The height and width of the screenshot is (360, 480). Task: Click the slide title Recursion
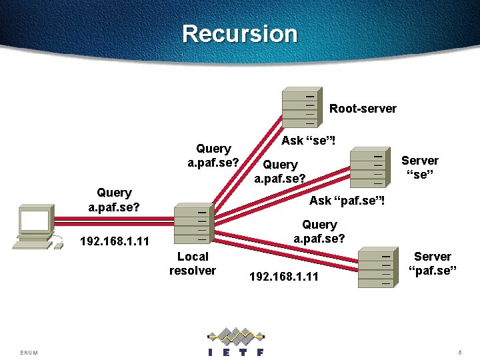coord(239,33)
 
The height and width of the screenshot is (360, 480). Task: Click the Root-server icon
coord(301,107)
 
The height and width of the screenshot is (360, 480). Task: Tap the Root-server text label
coord(363,109)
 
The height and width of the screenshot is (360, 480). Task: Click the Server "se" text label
coord(419,167)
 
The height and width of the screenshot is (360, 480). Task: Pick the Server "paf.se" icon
coord(376,267)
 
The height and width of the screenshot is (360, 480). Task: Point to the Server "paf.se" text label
coord(432,263)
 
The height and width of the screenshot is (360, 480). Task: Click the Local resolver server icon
coord(193,223)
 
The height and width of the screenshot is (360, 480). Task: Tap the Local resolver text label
coord(193,263)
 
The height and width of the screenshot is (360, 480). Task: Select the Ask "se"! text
coord(308,141)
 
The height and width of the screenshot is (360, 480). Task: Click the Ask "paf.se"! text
coord(347,200)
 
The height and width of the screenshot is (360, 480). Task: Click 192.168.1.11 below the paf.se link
coord(283,275)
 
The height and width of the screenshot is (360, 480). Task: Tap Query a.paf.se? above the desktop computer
coord(114,199)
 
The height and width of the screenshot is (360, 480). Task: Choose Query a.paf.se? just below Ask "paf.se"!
coord(319,231)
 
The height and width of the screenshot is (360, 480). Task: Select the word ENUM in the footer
coord(29,352)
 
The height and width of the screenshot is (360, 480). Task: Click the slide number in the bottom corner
coord(460,352)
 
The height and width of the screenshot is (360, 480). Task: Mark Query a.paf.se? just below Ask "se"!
coord(280,171)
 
